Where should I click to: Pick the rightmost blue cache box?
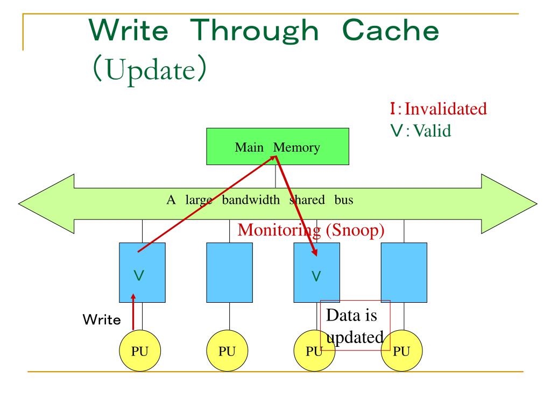pyautogui.click(x=404, y=272)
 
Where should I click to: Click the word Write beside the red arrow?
pyautogui.click(x=101, y=320)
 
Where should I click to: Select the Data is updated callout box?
pyautogui.click(x=355, y=325)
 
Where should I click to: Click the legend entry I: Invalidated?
pyautogui.click(x=438, y=109)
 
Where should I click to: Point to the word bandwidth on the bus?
pyautogui.click(x=250, y=200)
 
